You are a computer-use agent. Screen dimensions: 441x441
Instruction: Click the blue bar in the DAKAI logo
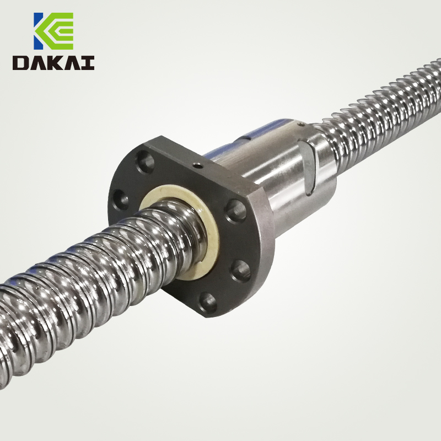coord(37,31)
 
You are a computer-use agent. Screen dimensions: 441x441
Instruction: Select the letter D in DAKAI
coord(21,63)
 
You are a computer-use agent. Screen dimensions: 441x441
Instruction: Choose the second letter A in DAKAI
coord(71,63)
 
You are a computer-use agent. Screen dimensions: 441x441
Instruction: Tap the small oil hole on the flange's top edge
coord(198,166)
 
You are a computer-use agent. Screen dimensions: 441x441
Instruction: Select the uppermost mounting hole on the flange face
coord(145,162)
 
